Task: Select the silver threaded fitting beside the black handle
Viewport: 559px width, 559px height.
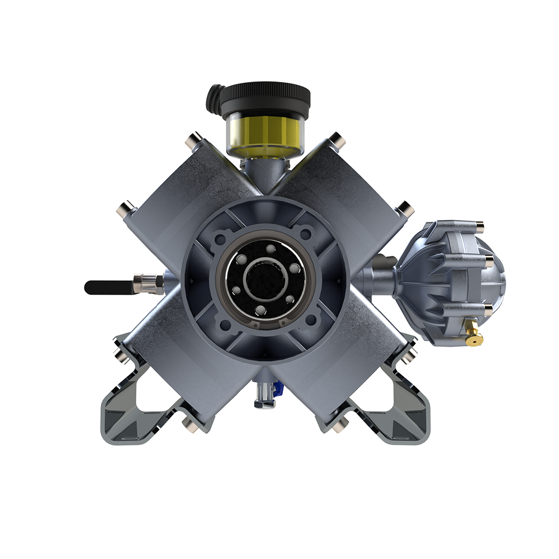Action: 148,283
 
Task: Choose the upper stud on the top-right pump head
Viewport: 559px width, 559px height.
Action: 337,141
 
